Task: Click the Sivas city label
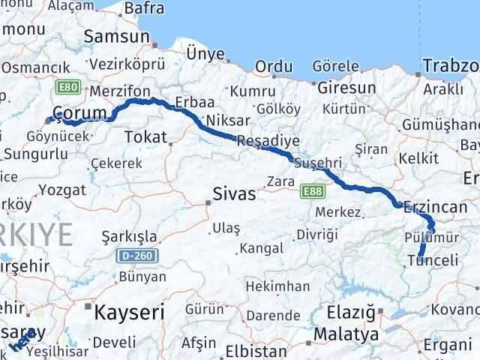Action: tap(235, 194)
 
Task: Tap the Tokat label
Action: tap(145, 136)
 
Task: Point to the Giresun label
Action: tap(346, 88)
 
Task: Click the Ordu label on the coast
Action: tap(274, 67)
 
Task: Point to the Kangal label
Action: tap(261, 247)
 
